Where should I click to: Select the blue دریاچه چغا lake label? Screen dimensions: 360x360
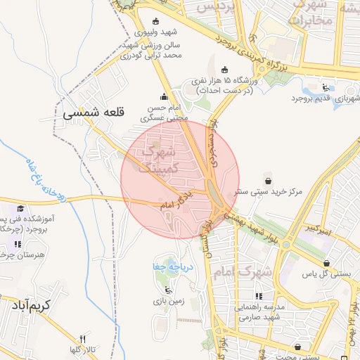[169, 267]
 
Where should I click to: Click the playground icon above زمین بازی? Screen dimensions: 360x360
[167, 289]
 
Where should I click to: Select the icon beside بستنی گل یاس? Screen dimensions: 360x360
[326, 264]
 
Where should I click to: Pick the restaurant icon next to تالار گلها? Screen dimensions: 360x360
[82, 339]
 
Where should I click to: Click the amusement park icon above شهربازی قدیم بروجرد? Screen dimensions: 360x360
[326, 87]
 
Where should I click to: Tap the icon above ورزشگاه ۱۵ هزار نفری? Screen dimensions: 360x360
[224, 70]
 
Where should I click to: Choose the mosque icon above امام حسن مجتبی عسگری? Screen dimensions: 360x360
[165, 97]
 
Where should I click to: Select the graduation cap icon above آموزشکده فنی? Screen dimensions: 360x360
[21, 209]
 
